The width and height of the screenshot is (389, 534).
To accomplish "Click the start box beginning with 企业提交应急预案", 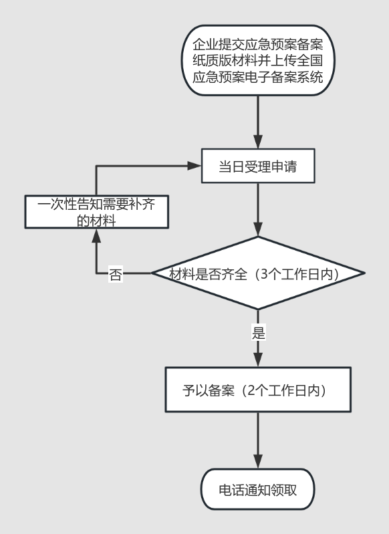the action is click(x=258, y=60).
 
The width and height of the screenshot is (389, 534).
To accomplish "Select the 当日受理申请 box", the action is click(x=258, y=166).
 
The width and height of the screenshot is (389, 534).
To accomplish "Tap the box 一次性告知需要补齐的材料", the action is click(x=97, y=211).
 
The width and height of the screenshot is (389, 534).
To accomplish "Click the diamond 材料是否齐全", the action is click(x=258, y=273).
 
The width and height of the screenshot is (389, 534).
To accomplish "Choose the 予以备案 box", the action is click(x=258, y=390).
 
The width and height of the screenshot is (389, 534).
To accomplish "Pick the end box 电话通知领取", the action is click(x=257, y=489).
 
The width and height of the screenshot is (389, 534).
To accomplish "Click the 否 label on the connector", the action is click(x=116, y=274).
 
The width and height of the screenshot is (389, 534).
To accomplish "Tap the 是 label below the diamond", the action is click(x=258, y=332).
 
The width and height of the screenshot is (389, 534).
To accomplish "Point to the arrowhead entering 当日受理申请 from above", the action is click(x=258, y=142).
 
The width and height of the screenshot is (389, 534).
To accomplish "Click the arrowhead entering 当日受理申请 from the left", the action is click(x=194, y=166).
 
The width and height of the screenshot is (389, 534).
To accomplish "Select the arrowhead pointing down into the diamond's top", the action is click(x=258, y=229).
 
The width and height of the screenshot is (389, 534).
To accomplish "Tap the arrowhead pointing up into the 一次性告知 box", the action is click(x=96, y=235).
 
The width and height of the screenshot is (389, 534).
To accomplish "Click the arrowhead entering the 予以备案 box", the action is click(x=258, y=360).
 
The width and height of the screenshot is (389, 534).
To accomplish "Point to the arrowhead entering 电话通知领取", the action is click(x=258, y=462).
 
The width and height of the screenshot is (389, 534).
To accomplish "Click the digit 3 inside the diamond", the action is click(x=264, y=274).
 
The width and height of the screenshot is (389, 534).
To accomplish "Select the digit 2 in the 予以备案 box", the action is click(x=251, y=390).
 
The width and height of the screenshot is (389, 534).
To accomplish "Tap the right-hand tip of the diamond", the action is click(x=365, y=273).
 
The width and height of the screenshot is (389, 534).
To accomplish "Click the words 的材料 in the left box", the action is click(x=96, y=221).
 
